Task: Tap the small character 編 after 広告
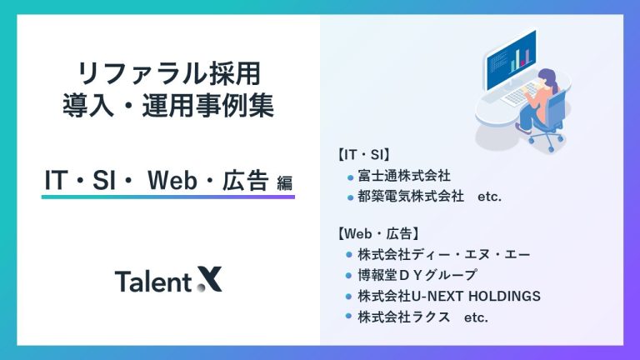pos(284,182)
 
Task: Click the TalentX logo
pos(168,281)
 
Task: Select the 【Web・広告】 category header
pos(381,232)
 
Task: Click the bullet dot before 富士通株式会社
pos(350,177)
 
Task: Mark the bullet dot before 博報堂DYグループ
pos(350,275)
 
